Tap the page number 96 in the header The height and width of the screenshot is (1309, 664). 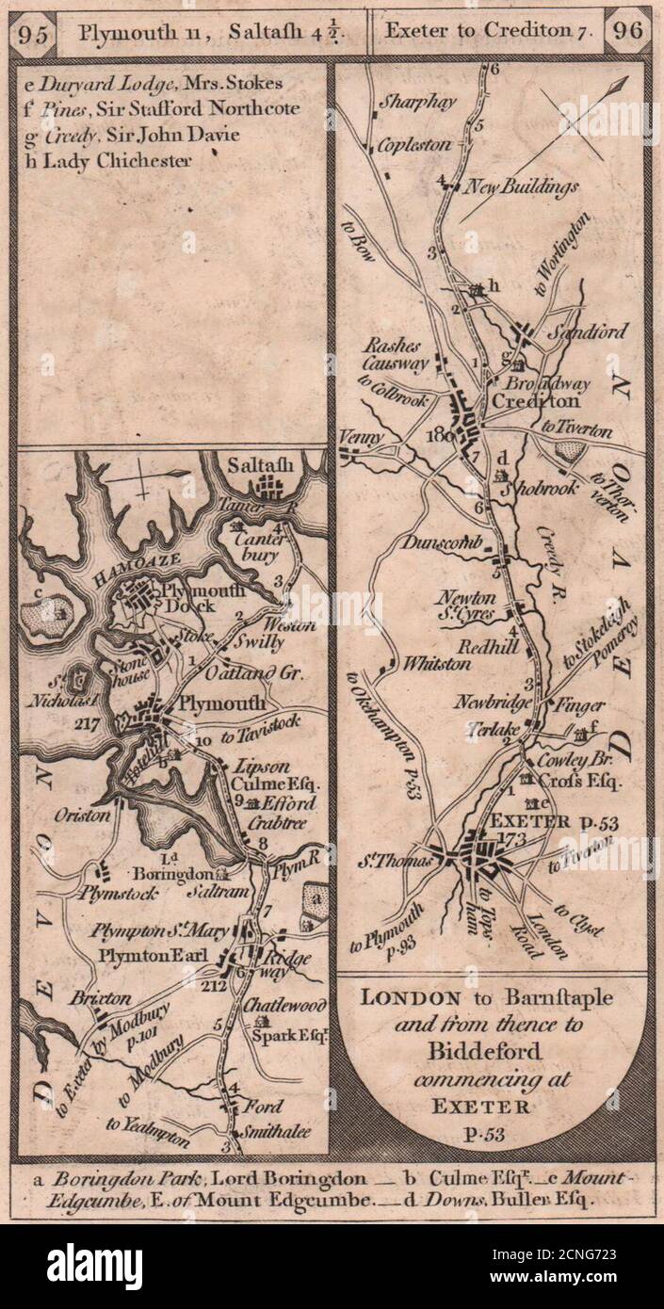(x=625, y=28)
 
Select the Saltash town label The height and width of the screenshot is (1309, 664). (x=260, y=464)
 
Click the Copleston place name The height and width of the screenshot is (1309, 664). (x=415, y=146)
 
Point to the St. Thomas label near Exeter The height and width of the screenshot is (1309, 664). (x=410, y=859)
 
